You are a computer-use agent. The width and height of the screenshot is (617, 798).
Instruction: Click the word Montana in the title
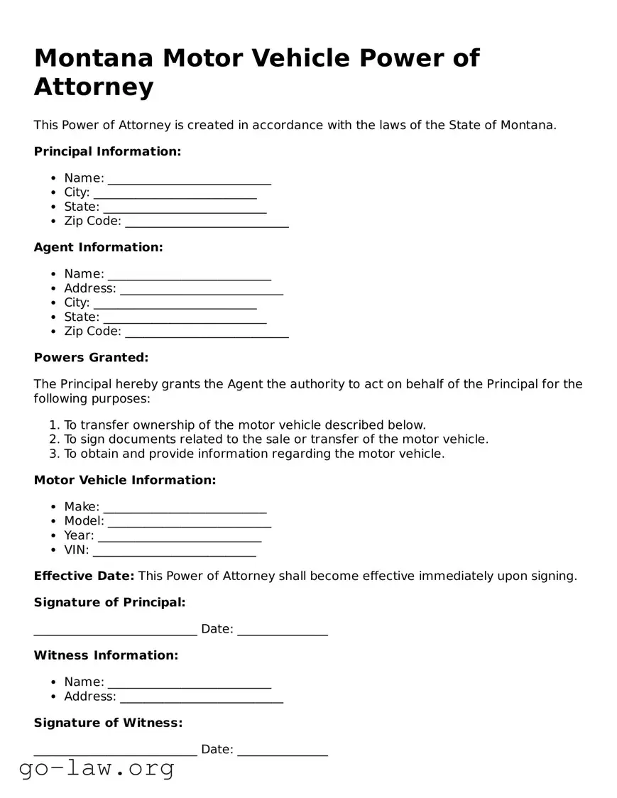(x=93, y=58)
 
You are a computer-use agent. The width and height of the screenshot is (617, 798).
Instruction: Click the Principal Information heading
(x=107, y=151)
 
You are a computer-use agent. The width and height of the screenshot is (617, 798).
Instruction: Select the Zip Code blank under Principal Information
(x=207, y=222)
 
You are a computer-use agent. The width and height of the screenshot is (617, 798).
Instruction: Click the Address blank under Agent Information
(x=202, y=290)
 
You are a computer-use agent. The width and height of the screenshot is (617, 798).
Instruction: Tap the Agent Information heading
(x=98, y=247)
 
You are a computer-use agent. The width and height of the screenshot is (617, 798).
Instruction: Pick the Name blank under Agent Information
(x=190, y=275)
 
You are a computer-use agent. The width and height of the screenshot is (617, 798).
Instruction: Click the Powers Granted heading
(x=91, y=357)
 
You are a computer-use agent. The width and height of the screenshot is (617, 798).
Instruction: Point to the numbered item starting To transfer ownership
(x=245, y=425)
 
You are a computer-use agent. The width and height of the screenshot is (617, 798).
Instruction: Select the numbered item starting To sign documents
(x=276, y=439)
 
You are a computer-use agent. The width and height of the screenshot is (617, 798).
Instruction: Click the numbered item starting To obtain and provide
(x=254, y=454)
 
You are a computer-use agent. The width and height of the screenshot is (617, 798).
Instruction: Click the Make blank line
(x=185, y=508)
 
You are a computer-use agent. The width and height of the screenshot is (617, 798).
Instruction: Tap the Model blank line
(x=190, y=523)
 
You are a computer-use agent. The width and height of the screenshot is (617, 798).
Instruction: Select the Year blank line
(x=180, y=537)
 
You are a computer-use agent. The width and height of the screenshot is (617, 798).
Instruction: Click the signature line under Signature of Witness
(x=115, y=751)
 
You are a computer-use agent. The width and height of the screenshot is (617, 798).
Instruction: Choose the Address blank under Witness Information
(x=202, y=698)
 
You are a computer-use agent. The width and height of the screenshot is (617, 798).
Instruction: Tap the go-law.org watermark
(x=97, y=768)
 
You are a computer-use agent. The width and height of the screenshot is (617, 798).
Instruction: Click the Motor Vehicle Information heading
(x=124, y=480)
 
